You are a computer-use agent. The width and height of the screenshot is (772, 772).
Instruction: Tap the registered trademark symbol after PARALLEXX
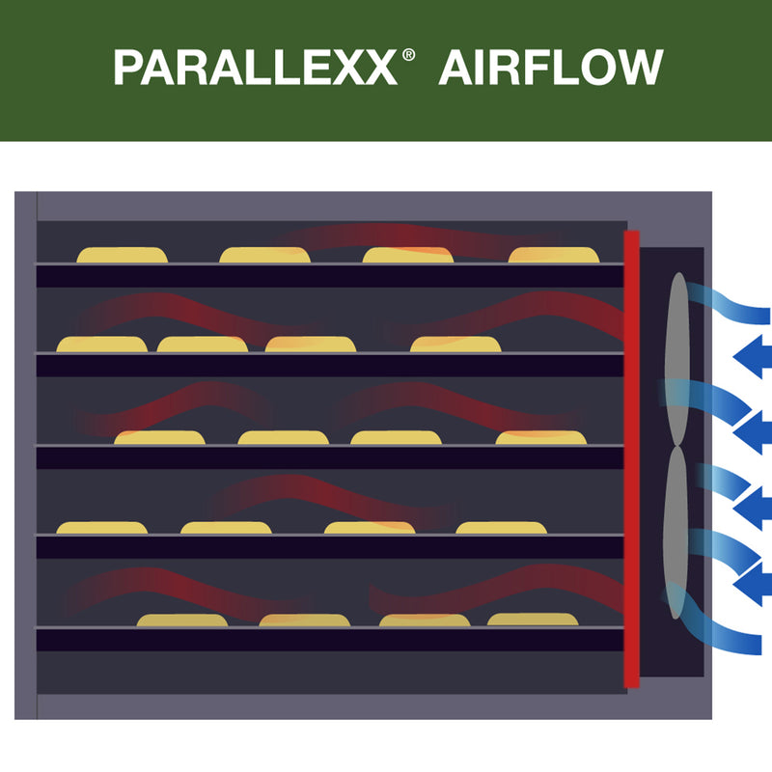(x=408, y=55)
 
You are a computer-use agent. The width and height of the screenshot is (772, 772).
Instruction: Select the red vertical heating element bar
(x=631, y=458)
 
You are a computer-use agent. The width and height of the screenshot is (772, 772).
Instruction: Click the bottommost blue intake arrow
(x=752, y=584)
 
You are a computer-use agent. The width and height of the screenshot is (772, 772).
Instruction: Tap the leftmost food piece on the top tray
(x=122, y=256)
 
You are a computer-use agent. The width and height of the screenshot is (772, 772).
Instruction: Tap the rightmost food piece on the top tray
(x=554, y=256)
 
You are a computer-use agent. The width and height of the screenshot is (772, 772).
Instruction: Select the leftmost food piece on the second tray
(x=102, y=345)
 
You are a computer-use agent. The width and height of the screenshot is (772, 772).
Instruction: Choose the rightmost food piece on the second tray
(x=455, y=345)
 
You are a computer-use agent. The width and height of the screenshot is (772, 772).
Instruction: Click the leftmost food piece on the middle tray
(x=160, y=438)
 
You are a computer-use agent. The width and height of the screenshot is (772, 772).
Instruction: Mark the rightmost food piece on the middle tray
(x=541, y=438)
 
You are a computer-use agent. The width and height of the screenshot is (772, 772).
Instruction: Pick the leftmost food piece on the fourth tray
(x=102, y=528)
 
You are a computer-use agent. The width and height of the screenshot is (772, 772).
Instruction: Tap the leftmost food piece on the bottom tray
(x=182, y=620)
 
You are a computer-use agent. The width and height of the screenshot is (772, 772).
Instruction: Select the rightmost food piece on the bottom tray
(x=533, y=620)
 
